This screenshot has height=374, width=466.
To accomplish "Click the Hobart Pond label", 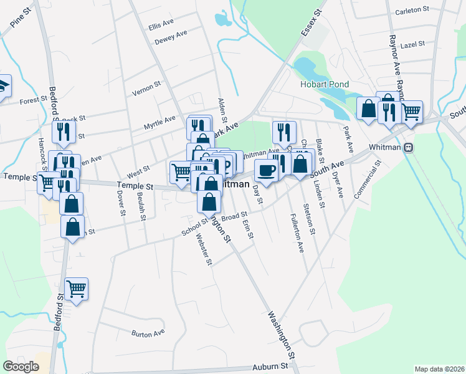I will coord(325,84).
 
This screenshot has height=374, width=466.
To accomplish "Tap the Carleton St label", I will coord(412,10).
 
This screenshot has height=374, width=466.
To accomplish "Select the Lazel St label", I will coord(413,44).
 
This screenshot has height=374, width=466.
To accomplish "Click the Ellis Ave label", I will coord(161,25).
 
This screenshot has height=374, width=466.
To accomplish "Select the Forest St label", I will coord(34,100).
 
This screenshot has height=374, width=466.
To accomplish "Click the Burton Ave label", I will coord(148,333).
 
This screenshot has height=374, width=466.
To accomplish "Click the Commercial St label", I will coord(368,180).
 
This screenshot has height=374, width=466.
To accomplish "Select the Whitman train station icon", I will coord(409,148).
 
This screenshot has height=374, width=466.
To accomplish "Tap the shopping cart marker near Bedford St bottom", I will coord(76,288).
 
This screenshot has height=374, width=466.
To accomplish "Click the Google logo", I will coord(21,367).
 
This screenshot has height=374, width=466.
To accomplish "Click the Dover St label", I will coord(120,199).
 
